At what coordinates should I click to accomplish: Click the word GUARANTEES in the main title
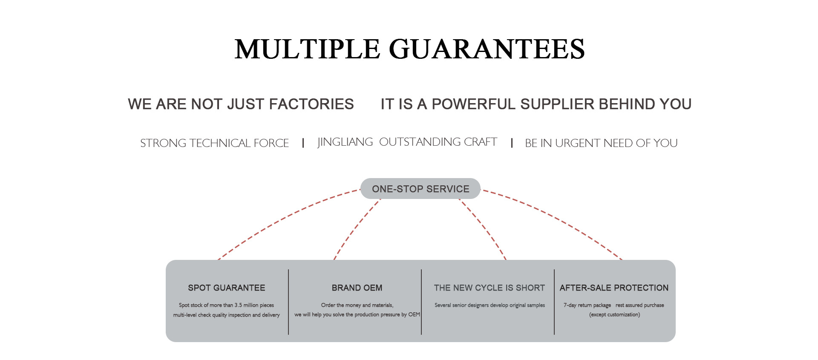pos(487,49)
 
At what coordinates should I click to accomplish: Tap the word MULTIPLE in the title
pos(307,49)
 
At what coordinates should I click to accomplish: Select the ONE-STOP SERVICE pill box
pos(421,189)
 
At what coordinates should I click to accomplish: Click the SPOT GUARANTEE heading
pos(227,288)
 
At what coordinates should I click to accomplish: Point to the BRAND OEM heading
pos(357,288)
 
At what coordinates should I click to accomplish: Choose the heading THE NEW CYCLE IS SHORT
pos(489,288)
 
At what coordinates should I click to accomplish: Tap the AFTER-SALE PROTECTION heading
pos(614,288)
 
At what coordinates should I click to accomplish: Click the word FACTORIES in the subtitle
pos(311,104)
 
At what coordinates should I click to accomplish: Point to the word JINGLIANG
pos(345,142)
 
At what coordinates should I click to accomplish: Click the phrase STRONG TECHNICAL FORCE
pos(214,143)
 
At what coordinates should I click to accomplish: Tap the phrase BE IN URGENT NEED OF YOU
pos(601,143)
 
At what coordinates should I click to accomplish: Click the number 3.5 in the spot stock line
pos(238,305)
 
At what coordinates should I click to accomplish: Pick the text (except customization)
pos(614,315)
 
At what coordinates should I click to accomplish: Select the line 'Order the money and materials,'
pos(357,305)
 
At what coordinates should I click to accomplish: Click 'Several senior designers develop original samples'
pos(490,305)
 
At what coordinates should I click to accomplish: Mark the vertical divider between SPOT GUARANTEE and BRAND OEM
pos(288,302)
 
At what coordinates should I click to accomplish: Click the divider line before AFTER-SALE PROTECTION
pos(554,302)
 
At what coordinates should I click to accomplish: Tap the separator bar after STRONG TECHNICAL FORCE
pos(303,143)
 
